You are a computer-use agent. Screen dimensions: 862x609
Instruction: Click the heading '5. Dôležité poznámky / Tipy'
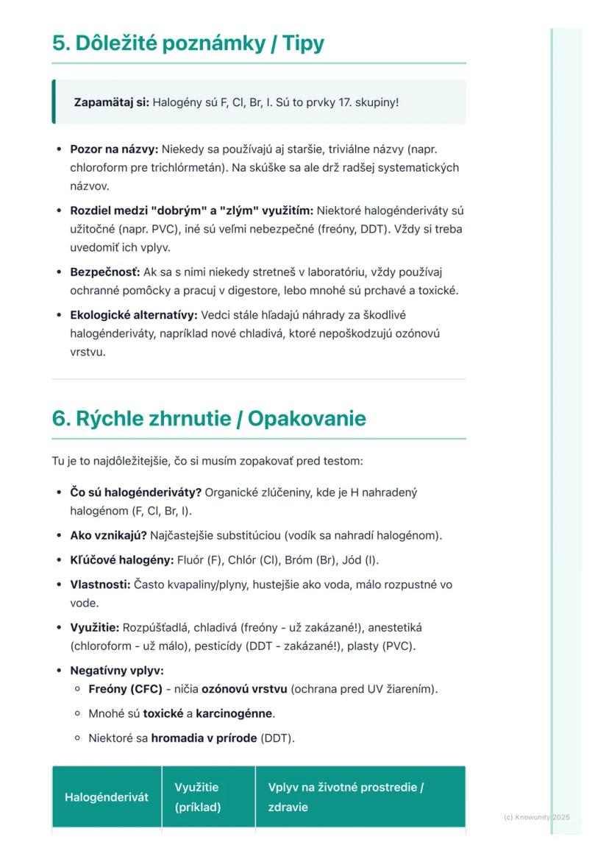(x=188, y=43)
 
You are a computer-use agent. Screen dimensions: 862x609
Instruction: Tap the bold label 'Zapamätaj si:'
(x=111, y=102)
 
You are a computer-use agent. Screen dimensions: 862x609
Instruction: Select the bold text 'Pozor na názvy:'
(x=114, y=149)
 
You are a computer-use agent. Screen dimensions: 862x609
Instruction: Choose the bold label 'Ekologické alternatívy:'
(x=134, y=315)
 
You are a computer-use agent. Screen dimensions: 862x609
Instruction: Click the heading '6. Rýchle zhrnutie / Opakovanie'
(x=209, y=419)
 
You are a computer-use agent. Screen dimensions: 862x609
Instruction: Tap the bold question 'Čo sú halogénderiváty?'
(x=135, y=492)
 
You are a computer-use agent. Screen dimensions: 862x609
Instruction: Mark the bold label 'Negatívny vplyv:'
(x=116, y=671)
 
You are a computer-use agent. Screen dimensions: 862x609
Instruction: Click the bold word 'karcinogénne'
(x=234, y=713)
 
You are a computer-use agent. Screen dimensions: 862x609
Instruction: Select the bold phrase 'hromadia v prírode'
(x=204, y=738)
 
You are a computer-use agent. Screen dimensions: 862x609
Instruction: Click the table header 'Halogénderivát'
(x=107, y=797)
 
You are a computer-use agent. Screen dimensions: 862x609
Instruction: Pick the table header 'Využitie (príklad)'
(x=197, y=797)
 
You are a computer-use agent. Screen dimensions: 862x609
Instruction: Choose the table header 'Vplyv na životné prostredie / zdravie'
(x=346, y=797)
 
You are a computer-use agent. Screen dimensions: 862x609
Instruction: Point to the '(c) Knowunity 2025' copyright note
(x=537, y=817)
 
